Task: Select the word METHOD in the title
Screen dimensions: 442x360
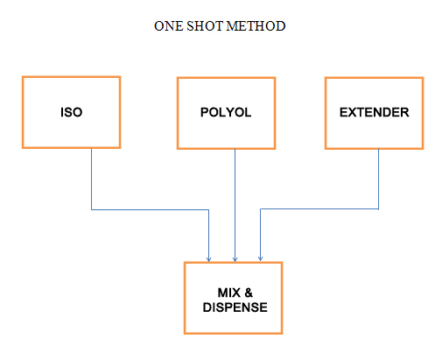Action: [256, 26]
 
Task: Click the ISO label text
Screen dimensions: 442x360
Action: [72, 112]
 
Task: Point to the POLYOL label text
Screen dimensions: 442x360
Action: [226, 112]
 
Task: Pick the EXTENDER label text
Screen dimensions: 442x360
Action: [375, 112]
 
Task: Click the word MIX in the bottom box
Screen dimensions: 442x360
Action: [229, 293]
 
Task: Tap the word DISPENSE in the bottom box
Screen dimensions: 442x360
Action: [235, 307]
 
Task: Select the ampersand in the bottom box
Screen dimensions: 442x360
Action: [249, 293]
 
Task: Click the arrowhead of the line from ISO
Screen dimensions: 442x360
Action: [208, 259]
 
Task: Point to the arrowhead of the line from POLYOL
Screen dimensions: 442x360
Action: [235, 259]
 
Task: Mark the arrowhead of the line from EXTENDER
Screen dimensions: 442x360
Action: [261, 258]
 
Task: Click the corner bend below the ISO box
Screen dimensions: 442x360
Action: [92, 209]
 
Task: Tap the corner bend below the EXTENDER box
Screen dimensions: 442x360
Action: [378, 209]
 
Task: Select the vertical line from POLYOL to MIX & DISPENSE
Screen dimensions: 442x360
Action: [235, 205]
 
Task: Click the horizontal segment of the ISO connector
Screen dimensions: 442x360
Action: [151, 209]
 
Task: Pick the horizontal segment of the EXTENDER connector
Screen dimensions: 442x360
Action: [319, 209]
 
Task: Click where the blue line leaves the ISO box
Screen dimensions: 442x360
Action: [92, 149]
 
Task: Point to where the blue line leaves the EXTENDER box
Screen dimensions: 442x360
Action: [378, 150]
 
